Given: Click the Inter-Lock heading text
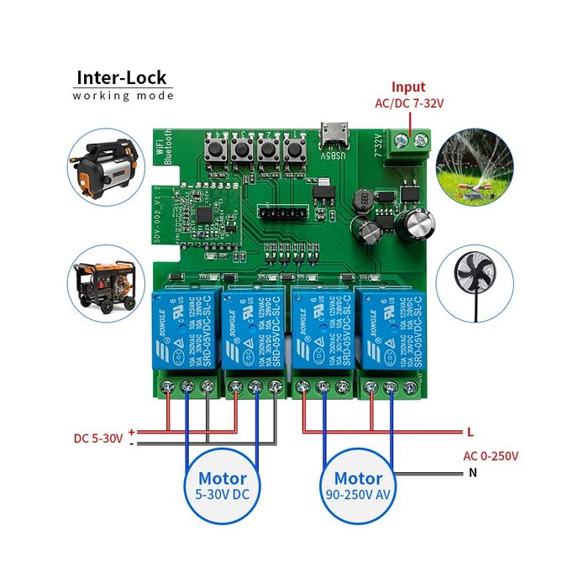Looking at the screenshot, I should pyautogui.click(x=123, y=77).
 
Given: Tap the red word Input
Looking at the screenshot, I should pyautogui.click(x=408, y=87).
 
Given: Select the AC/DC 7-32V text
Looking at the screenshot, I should pyautogui.click(x=408, y=103).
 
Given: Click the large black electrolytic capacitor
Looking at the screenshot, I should pyautogui.click(x=417, y=223).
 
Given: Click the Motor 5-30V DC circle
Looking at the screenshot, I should pyautogui.click(x=223, y=486).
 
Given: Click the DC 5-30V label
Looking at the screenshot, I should pyautogui.click(x=97, y=438).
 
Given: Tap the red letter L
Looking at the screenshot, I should pyautogui.click(x=470, y=432).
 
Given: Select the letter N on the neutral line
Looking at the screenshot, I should pyautogui.click(x=471, y=473).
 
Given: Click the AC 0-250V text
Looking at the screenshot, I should pyautogui.click(x=491, y=456).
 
